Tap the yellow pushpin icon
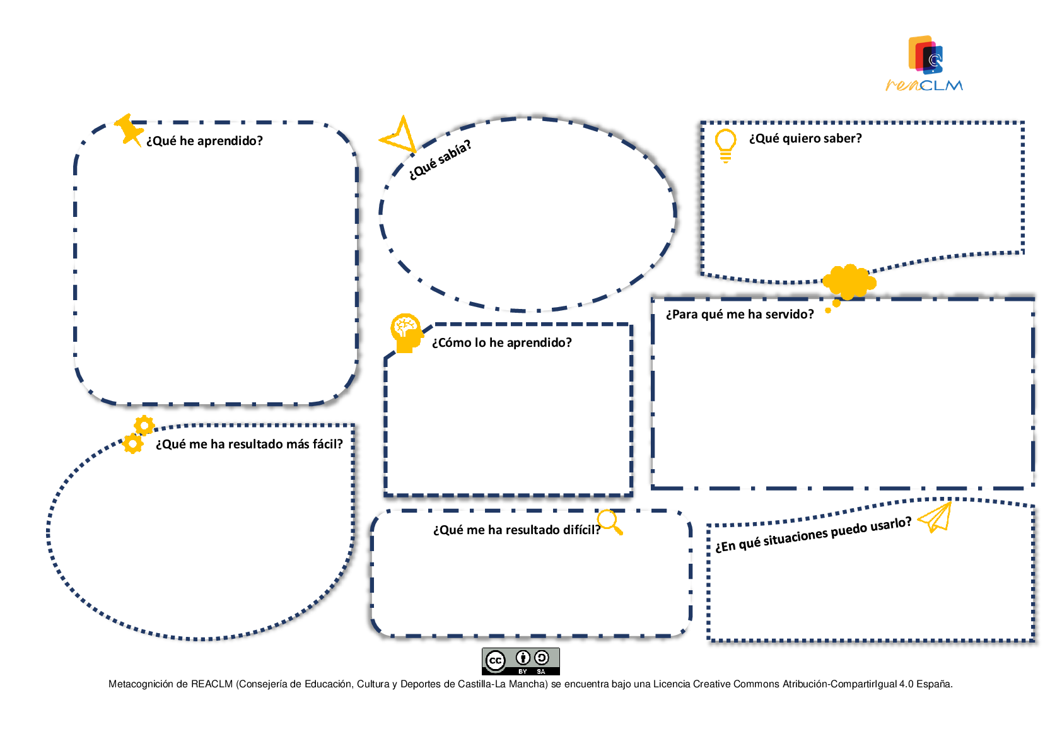point(129,130)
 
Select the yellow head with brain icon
point(406,333)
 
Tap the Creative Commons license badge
point(520,661)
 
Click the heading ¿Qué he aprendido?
point(204,141)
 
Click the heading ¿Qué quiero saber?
point(805,139)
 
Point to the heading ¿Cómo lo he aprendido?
point(501,343)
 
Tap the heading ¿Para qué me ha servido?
point(740,315)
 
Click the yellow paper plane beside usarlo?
point(935,517)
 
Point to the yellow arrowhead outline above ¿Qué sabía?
point(399,135)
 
